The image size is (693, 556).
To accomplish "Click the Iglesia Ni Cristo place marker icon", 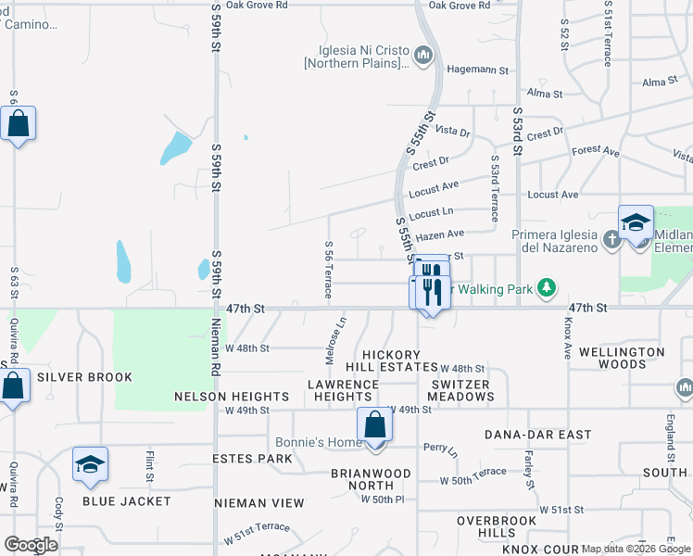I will point(424,57).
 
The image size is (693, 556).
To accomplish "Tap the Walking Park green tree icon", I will point(548,288).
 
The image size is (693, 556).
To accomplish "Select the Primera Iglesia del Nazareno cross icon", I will point(611,241).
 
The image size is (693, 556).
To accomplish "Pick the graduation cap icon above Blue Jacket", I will point(91,464).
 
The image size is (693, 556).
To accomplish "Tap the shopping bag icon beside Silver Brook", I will point(14,386).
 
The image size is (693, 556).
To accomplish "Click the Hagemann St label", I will point(478,69).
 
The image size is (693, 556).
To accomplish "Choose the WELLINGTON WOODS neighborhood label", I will point(621,358).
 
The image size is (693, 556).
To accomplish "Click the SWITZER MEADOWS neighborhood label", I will point(461,390).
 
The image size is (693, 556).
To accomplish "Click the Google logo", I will point(31,544).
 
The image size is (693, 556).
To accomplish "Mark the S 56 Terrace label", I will point(329,269).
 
